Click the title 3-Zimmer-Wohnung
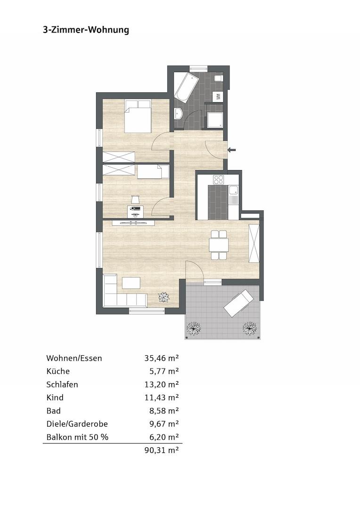[86, 30]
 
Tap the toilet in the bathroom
[218, 78]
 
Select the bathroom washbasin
[179, 114]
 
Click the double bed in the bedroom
[138, 117]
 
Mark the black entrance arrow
[232, 150]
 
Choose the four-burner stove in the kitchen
[219, 180]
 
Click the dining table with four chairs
[219, 245]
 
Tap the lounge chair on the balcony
[239, 303]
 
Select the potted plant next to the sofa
[164, 297]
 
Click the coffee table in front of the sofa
[131, 283]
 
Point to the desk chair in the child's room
[136, 199]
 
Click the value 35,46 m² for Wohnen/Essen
[161, 358]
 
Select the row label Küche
[58, 371]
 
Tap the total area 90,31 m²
[161, 451]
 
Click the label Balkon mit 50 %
[77, 437]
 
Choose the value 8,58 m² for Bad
[163, 411]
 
